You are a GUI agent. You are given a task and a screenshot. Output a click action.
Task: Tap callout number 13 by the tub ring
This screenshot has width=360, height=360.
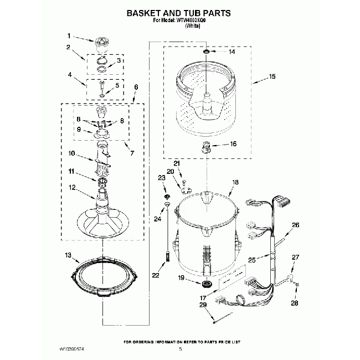(x=68, y=255)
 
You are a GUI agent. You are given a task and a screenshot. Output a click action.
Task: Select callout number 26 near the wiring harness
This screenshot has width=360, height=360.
(x=295, y=225)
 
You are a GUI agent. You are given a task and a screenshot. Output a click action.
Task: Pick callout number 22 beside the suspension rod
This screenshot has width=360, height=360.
(x=156, y=275)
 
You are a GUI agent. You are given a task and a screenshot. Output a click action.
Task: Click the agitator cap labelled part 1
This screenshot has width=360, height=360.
(x=100, y=42)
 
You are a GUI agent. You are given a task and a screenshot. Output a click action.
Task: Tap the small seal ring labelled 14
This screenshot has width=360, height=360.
(x=205, y=52)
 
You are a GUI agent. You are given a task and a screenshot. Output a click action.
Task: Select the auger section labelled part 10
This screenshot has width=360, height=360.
(x=102, y=157)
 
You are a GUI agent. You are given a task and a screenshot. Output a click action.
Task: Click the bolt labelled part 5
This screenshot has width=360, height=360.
(x=103, y=87)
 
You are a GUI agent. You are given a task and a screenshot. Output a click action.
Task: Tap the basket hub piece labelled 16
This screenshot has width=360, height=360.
(x=205, y=147)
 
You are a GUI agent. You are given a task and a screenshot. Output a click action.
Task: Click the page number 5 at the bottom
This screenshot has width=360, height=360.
(x=180, y=349)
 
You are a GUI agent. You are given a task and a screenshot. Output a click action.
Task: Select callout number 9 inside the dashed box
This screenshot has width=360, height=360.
(x=79, y=130)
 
